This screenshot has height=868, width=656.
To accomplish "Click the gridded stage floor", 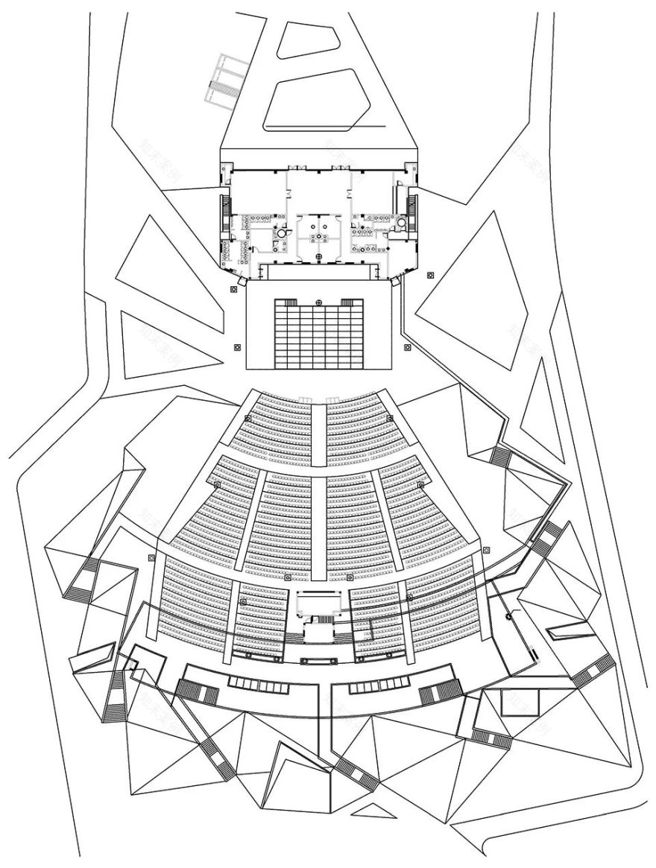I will point(318,335).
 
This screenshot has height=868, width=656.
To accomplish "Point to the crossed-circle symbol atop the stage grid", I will point(319,302).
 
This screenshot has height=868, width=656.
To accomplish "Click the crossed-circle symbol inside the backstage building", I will point(320,258).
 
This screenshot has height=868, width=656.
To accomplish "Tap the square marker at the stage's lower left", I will point(237,346).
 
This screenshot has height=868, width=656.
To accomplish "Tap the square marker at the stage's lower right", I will point(407,346).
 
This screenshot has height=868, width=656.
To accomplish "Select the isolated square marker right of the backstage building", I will point(430,276).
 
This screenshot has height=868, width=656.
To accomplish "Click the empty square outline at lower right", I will point(514,702).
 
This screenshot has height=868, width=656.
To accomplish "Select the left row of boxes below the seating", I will point(257,683).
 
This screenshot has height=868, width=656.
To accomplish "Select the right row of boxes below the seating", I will point(376,683).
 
